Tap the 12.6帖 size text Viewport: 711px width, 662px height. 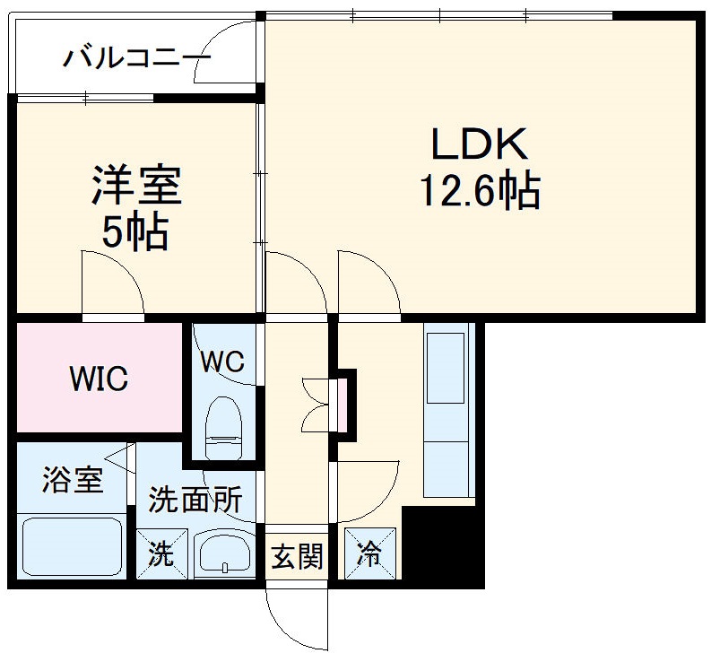pos(480,190)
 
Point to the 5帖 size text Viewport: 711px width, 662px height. pos(134,232)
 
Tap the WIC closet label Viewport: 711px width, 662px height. pos(99,379)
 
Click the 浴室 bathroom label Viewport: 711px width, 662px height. pos(72,480)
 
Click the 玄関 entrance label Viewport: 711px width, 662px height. pos(297,557)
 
